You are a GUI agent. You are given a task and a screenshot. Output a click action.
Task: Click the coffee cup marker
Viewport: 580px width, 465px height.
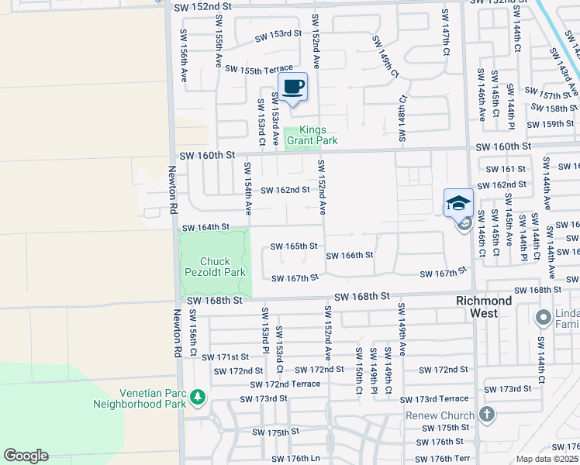point(292,88)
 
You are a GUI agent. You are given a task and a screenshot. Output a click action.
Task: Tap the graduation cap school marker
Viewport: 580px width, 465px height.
point(457,203)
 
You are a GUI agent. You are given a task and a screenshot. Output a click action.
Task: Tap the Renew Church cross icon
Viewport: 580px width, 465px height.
point(486,415)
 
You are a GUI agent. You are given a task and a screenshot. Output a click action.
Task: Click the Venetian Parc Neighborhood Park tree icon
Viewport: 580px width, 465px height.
point(199,398)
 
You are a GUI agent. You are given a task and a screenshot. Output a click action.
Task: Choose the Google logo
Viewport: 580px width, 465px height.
point(26,456)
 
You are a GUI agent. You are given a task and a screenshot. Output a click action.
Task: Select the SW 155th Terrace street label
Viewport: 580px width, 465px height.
point(259,69)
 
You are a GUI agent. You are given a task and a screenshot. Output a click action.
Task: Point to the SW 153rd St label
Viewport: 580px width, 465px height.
point(278,34)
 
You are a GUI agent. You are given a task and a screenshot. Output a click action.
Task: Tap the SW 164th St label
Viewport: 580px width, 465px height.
point(205,227)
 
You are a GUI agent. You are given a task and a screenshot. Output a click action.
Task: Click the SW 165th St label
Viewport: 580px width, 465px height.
point(293,246)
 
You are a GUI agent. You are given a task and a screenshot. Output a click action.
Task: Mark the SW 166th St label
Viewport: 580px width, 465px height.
point(350,255)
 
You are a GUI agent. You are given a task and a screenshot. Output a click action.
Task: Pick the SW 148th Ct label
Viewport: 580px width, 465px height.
point(402,119)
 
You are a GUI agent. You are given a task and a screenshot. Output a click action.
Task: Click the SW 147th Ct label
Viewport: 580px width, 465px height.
point(445,32)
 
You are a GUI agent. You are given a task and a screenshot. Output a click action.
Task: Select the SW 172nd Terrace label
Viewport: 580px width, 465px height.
point(285,384)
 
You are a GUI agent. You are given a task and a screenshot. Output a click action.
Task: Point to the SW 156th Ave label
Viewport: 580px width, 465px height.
point(185,56)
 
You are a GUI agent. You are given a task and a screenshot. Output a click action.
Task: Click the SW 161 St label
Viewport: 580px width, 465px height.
point(505,168)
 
